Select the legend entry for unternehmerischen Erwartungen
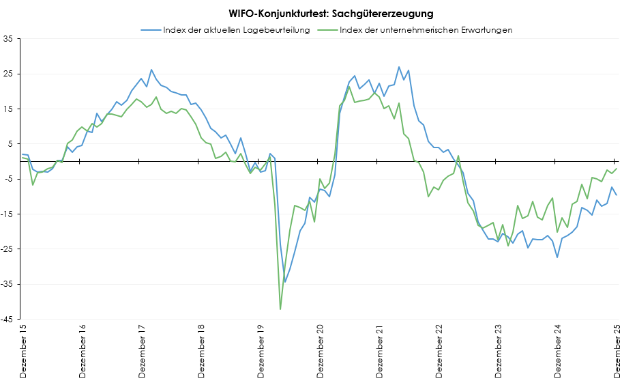[426, 30]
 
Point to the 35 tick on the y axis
[9, 38]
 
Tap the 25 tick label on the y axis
[9, 74]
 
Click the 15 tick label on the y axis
[9, 109]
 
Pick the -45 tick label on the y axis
[8, 319]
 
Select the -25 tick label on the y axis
[8, 249]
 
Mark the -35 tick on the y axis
[8, 284]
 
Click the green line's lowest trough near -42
[280, 309]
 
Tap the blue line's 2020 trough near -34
[285, 282]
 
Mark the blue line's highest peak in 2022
[399, 67]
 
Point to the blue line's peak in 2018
[151, 70]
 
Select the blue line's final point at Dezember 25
[617, 195]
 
